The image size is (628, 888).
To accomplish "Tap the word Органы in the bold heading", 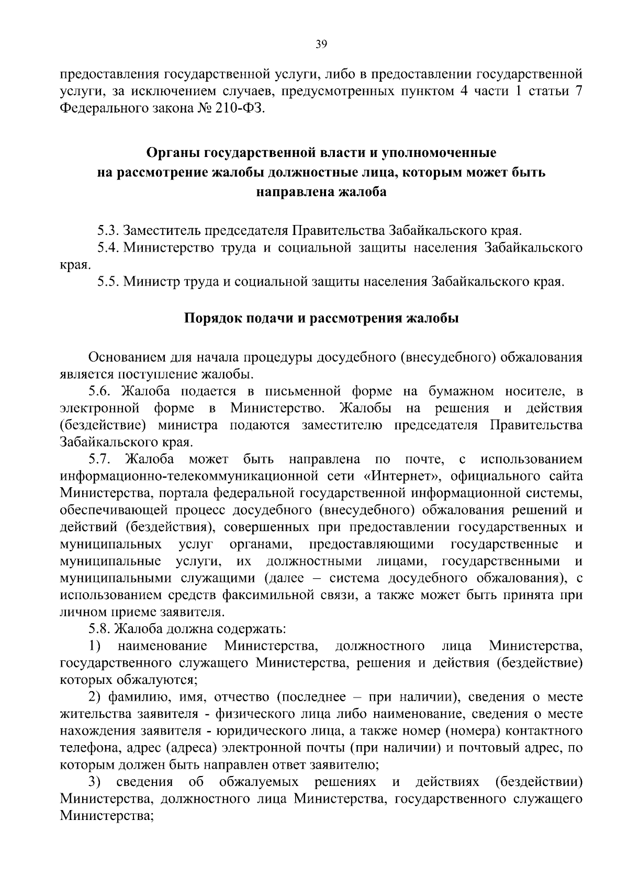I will tap(173, 153).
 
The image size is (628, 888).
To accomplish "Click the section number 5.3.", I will tap(109, 230).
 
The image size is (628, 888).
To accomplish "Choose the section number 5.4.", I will tap(109, 248).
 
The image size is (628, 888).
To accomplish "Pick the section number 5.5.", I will tap(109, 282).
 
